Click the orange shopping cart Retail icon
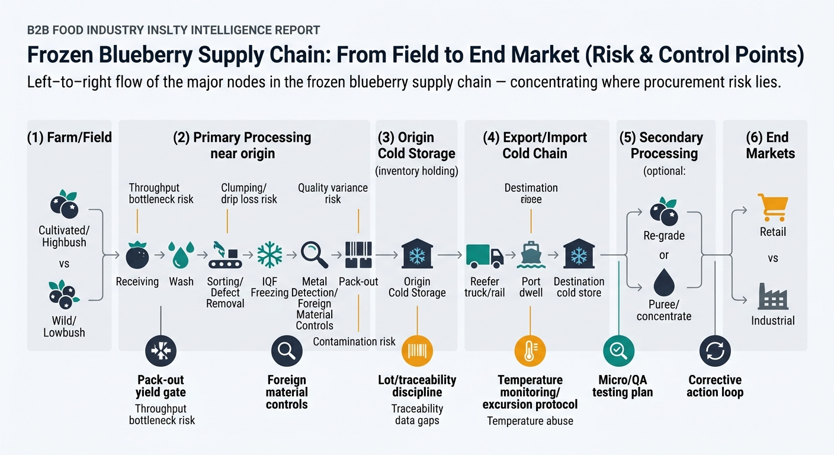772,207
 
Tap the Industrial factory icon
772,296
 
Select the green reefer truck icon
485,255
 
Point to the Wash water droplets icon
181,255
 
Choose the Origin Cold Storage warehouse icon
417,255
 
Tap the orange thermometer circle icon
530,351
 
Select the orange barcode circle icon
417,351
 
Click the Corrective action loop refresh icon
715,351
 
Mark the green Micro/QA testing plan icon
618,351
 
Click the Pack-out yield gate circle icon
161,351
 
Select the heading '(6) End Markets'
770,145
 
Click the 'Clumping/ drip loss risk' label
249,194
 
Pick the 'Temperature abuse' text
530,421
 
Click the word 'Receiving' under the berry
137,281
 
